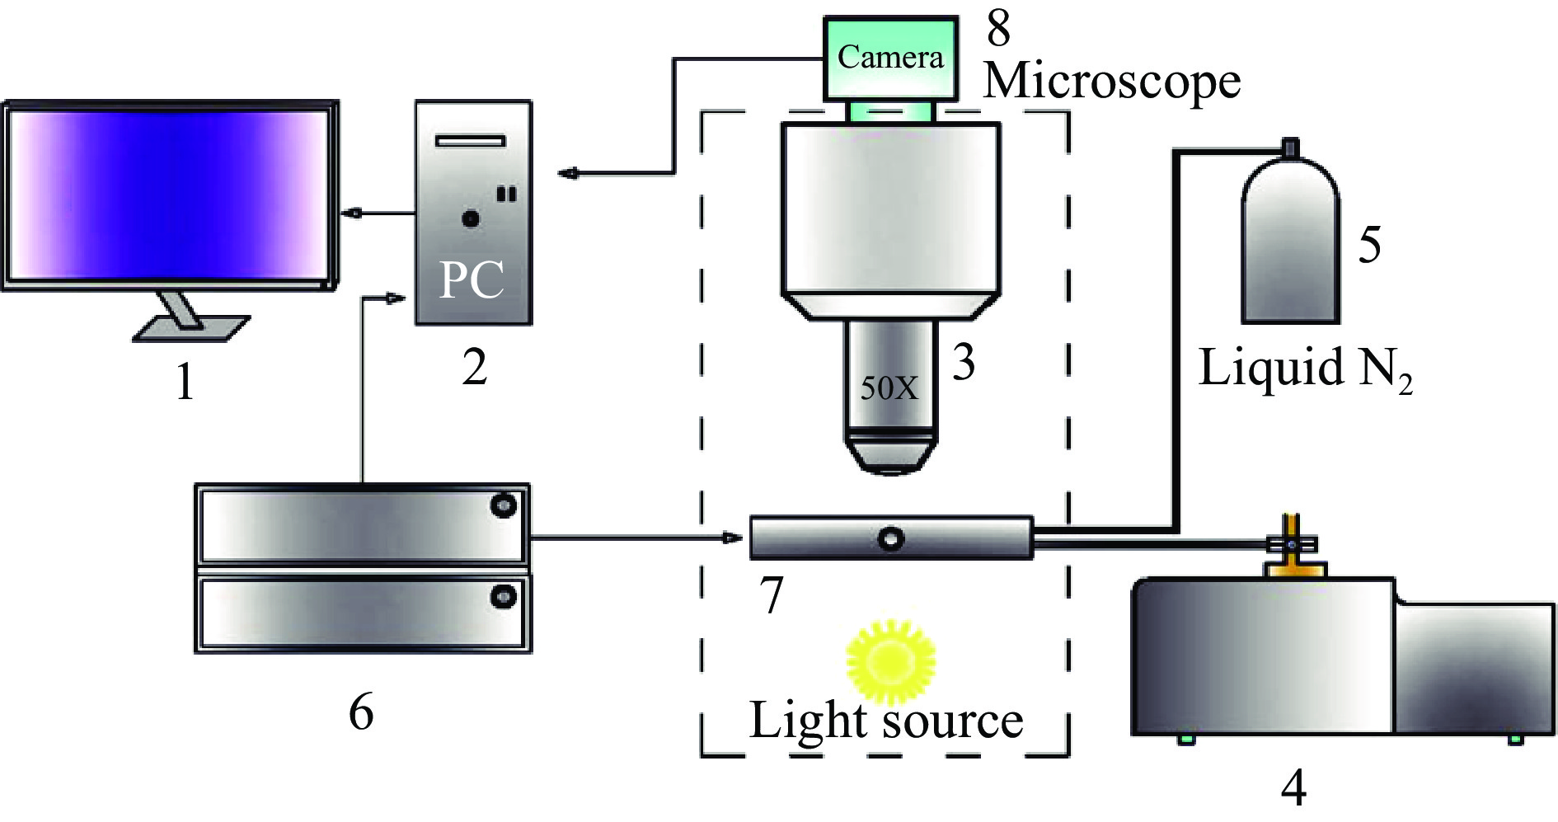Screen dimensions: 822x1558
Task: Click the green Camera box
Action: coord(890,58)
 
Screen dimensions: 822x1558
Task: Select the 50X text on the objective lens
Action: coord(889,388)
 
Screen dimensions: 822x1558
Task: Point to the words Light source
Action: coord(886,721)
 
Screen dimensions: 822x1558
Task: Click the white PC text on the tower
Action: coord(472,280)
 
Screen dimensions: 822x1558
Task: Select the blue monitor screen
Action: coord(169,194)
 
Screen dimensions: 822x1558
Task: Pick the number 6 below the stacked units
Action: coord(361,711)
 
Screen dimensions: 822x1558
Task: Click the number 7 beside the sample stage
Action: coord(771,595)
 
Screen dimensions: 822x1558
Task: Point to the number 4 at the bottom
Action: coord(1293,788)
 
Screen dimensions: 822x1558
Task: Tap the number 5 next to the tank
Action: coord(1369,245)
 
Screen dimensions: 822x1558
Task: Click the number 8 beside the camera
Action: coord(998,28)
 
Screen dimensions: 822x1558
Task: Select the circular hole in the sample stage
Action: coord(891,538)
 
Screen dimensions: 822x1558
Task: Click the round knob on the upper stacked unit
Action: coord(503,505)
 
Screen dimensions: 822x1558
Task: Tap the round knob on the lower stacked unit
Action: coord(503,596)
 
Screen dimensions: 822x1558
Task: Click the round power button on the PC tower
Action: coord(471,219)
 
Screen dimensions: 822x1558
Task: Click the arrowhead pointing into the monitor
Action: coord(353,214)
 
